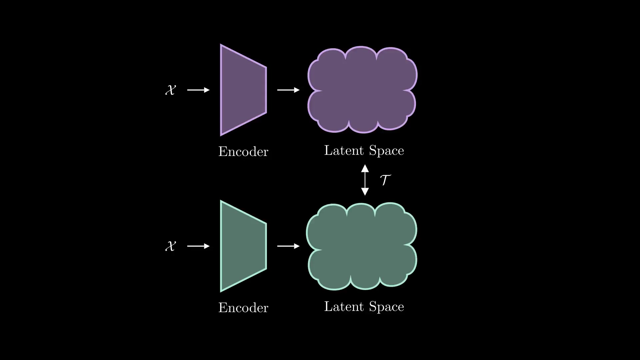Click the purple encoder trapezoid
click(x=243, y=90)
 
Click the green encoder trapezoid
click(x=243, y=246)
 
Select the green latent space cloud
click(x=362, y=246)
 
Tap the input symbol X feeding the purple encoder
click(x=170, y=90)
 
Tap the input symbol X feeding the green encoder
click(x=170, y=246)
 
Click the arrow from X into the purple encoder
click(x=198, y=90)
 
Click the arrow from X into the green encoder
click(x=198, y=246)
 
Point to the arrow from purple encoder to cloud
click(x=288, y=90)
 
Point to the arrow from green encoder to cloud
click(x=288, y=246)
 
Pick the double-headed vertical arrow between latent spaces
click(x=365, y=180)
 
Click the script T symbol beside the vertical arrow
click(x=385, y=180)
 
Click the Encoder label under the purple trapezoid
click(x=243, y=152)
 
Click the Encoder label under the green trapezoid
click(x=243, y=308)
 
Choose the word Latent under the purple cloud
click(x=344, y=150)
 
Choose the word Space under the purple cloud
click(x=386, y=151)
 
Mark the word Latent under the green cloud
click(x=344, y=306)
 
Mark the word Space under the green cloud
click(x=386, y=307)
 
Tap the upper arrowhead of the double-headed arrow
click(x=365, y=168)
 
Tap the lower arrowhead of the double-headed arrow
click(x=365, y=192)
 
